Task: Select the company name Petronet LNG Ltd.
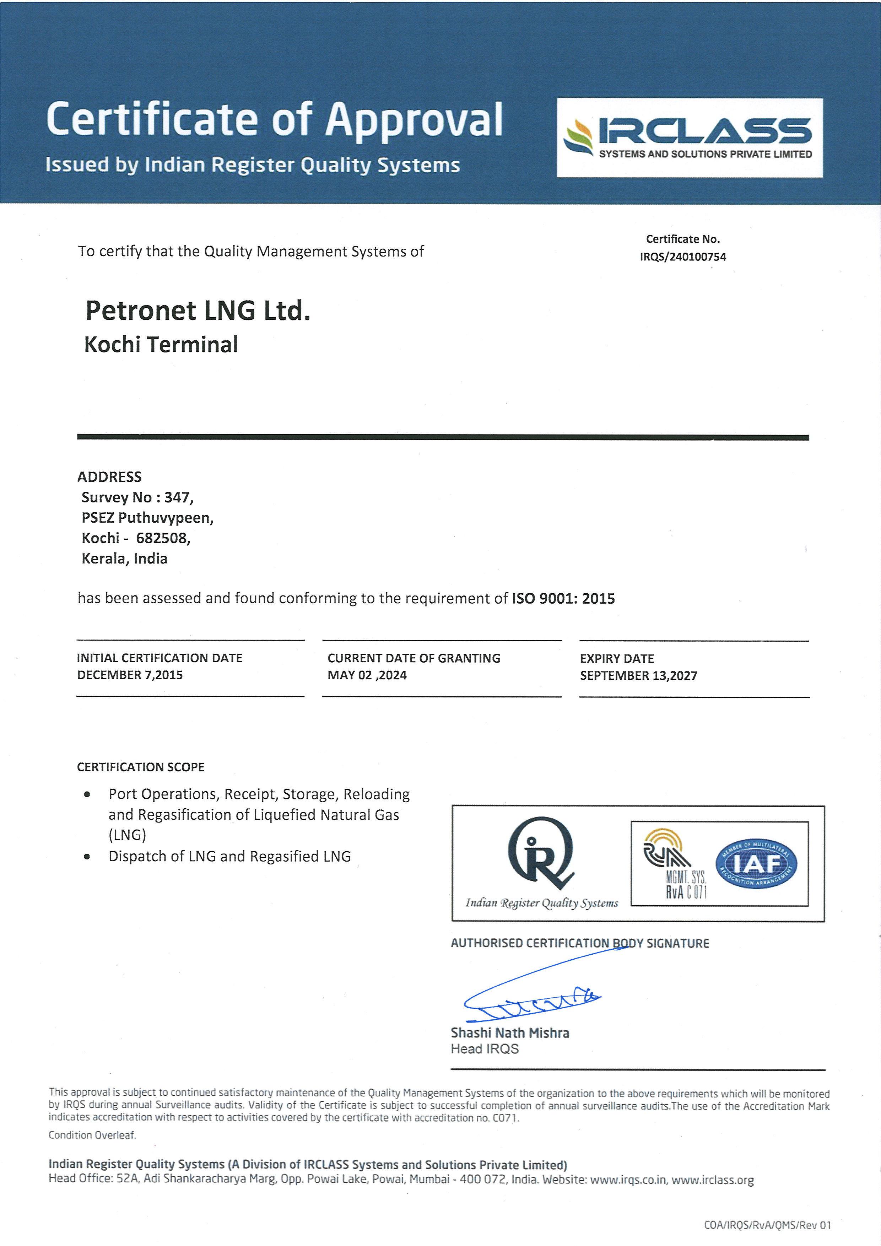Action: [198, 311]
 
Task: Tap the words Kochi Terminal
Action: [161, 345]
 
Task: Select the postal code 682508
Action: [162, 538]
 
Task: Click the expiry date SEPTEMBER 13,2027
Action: [638, 676]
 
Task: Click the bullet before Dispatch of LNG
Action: [87, 857]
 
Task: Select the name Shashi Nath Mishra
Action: [510, 1033]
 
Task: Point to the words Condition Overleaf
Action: [92, 1135]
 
